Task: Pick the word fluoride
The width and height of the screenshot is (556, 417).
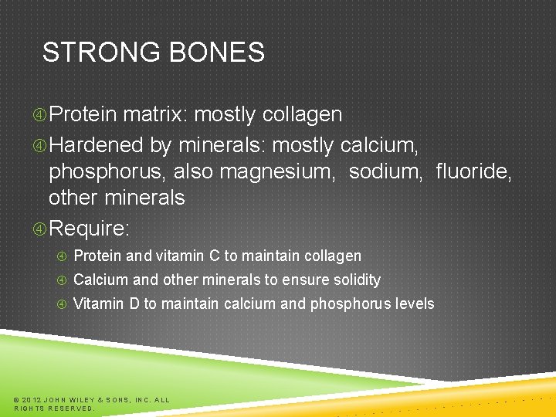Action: point(473,171)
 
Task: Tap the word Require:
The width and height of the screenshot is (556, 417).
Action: point(90,229)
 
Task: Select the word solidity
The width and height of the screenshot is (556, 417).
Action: point(354,280)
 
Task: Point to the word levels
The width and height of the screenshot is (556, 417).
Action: point(414,303)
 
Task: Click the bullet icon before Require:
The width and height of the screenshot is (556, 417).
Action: point(40,229)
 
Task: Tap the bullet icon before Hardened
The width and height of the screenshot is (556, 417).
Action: point(40,145)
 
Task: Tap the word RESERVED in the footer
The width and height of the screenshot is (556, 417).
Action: point(70,409)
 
